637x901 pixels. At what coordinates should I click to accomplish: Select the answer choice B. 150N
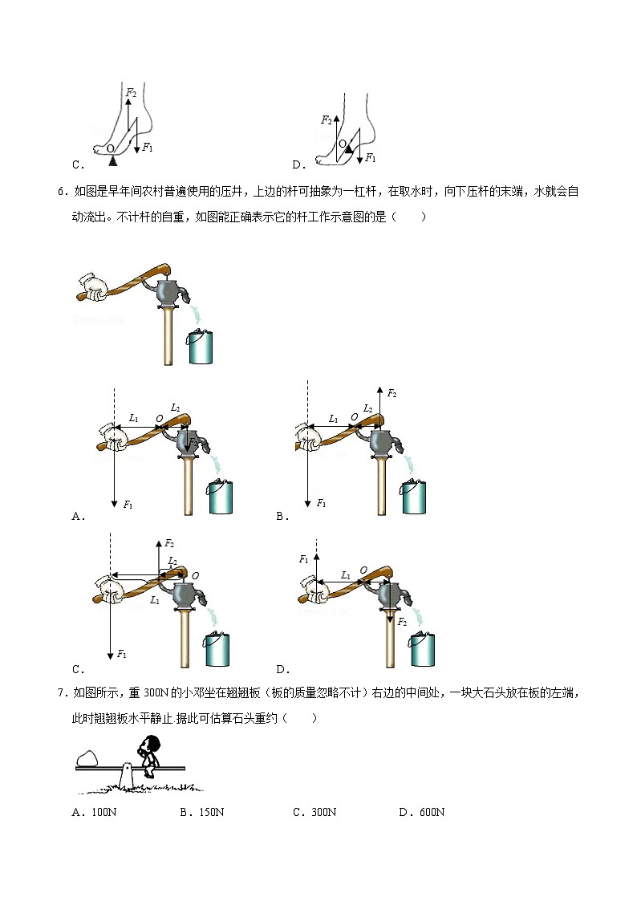click(201, 812)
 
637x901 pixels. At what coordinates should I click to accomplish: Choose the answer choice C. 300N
click(314, 812)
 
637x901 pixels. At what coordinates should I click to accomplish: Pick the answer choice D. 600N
click(421, 812)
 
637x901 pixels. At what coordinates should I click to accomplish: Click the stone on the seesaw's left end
click(87, 757)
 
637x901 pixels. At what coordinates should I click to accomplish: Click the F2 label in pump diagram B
click(392, 393)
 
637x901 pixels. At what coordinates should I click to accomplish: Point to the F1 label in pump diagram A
click(128, 504)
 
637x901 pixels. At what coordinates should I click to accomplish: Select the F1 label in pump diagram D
click(303, 559)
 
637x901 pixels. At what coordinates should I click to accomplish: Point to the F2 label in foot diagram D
click(326, 120)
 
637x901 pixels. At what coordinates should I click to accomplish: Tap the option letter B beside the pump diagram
click(282, 517)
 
